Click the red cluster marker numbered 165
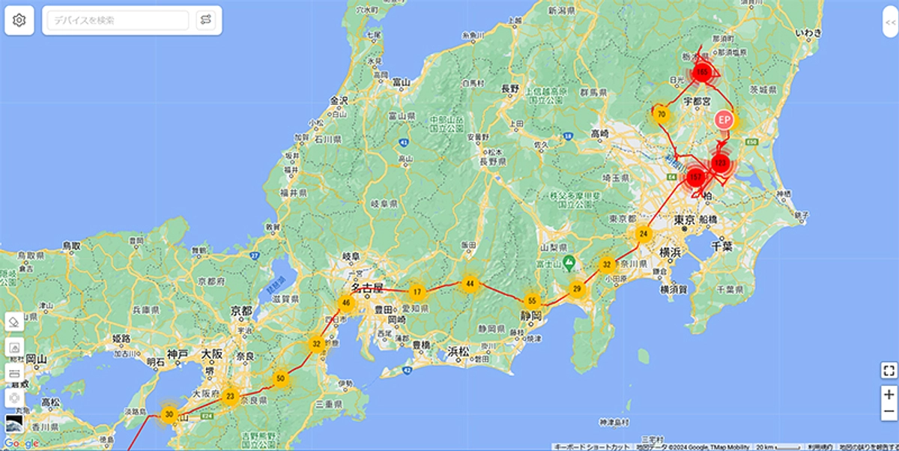click(702, 73)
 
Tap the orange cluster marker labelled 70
click(662, 115)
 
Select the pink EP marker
click(723, 120)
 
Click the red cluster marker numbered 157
click(695, 177)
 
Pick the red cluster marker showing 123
click(721, 163)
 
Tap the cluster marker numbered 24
click(644, 234)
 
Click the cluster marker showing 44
click(470, 283)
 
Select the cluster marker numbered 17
click(417, 291)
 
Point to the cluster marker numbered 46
click(346, 303)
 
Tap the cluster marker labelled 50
click(281, 378)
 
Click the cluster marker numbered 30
click(169, 414)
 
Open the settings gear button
click(19, 20)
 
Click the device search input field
click(118, 20)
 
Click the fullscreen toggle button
click(889, 369)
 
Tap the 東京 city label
click(685, 220)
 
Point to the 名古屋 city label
click(367, 288)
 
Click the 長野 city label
click(510, 88)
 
